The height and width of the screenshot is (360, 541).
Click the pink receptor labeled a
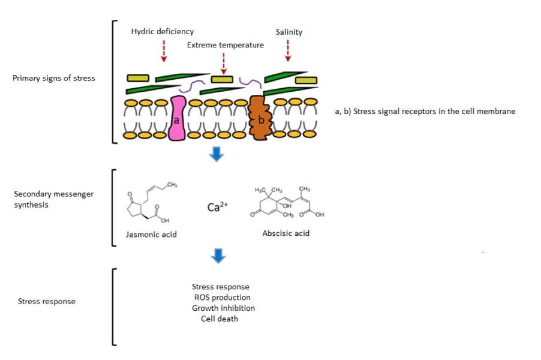[177, 118]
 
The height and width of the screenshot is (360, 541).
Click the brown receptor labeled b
[260, 118]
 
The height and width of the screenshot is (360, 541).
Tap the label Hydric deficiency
[163, 32]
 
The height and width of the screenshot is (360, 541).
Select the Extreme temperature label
[225, 45]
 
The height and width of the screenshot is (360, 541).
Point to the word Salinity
[288, 32]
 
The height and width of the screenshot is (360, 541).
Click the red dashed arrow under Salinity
[288, 50]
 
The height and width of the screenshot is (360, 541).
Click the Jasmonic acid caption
[151, 234]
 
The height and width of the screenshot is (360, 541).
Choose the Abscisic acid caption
[285, 233]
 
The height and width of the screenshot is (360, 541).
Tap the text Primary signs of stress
[53, 78]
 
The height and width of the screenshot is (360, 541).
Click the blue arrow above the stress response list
[218, 257]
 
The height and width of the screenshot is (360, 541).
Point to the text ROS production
[222, 298]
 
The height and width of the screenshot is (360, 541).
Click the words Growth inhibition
[223, 308]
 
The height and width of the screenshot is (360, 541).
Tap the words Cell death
[220, 319]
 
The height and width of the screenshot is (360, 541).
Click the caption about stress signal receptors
[425, 111]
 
